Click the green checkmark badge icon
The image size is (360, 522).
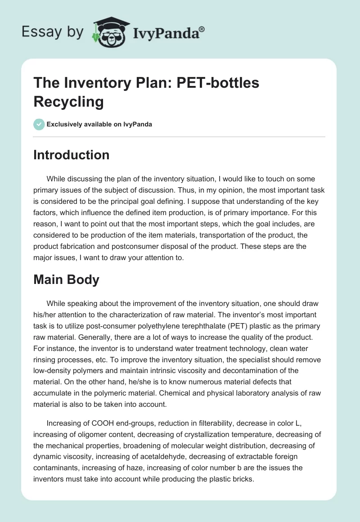pyautogui.click(x=39, y=124)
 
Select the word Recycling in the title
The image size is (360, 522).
pyautogui.click(x=69, y=102)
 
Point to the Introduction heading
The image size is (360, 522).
pyautogui.click(x=72, y=155)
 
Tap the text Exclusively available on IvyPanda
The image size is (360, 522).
pyautogui.click(x=99, y=124)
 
